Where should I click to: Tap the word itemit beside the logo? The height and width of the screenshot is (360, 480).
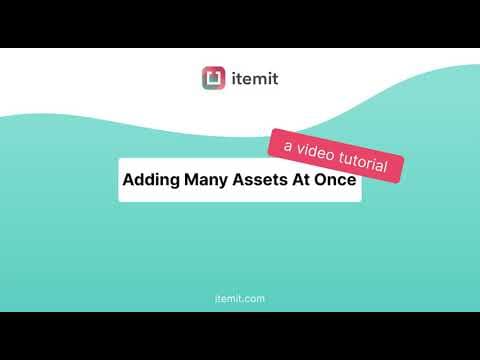point(254,77)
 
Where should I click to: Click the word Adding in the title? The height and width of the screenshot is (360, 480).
point(151,182)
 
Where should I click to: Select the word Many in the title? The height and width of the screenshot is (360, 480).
point(209,182)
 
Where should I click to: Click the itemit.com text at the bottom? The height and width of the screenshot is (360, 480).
point(240,298)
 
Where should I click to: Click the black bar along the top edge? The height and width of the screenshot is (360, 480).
point(240,23)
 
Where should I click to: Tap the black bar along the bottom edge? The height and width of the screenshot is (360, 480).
point(240,336)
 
